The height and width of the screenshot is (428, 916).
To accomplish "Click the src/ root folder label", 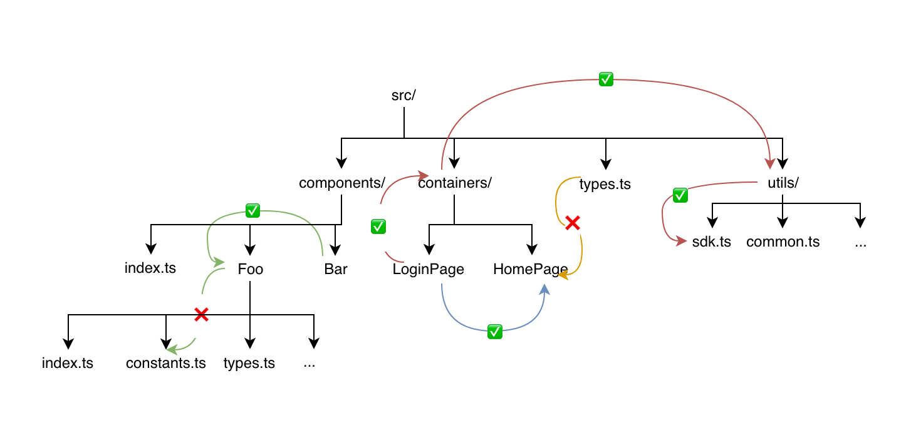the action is click(x=403, y=95).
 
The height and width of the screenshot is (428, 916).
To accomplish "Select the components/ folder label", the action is click(x=342, y=183).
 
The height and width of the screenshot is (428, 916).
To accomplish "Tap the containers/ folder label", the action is click(x=455, y=183).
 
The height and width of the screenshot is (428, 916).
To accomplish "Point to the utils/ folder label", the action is click(x=783, y=183).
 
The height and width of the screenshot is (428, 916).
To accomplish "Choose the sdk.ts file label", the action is click(x=711, y=242).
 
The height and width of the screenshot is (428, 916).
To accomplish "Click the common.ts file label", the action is click(x=783, y=242).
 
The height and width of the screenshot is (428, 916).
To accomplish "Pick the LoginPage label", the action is click(x=428, y=269).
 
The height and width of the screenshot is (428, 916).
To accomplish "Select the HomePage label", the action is click(x=531, y=269).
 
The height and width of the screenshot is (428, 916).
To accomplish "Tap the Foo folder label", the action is click(x=250, y=269).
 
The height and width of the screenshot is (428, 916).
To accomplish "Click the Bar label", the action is click(x=335, y=269).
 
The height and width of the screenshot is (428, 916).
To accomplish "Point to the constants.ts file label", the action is click(x=165, y=363).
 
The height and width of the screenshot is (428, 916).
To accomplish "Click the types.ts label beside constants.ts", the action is click(x=249, y=363).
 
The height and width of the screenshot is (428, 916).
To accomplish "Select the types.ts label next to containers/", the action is click(x=605, y=184).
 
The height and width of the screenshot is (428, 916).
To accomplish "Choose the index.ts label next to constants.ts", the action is click(x=68, y=363).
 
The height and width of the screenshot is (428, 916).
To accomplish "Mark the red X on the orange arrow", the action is click(x=573, y=223).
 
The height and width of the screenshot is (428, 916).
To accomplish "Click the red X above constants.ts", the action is click(x=201, y=315).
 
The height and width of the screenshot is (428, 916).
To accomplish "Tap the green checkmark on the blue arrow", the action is click(x=495, y=332).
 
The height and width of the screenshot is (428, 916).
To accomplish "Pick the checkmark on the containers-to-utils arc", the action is click(x=606, y=79).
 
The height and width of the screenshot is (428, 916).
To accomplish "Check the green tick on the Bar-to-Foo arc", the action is click(x=252, y=211).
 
